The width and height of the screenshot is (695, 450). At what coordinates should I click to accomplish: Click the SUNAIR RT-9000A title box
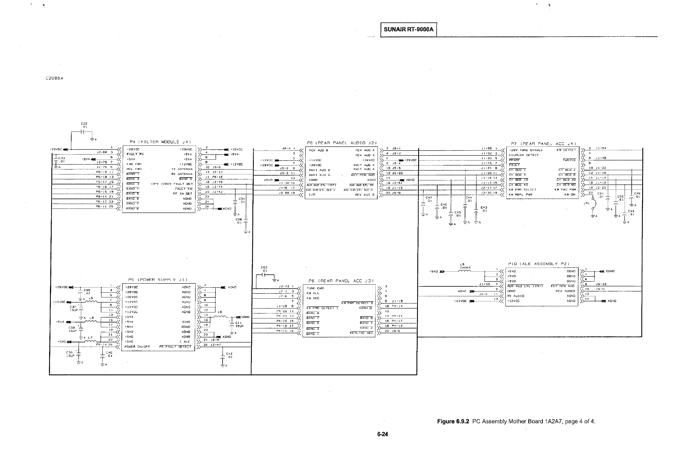point(408,30)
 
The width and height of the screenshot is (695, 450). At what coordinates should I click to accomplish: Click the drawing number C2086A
point(54,78)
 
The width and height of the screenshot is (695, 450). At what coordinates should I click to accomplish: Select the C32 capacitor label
point(84,124)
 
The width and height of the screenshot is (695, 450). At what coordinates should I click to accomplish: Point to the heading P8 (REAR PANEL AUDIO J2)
point(342,143)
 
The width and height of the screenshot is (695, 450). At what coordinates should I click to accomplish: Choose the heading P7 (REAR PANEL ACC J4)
point(543,144)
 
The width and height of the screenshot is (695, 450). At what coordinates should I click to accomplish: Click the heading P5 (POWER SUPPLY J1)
point(158,280)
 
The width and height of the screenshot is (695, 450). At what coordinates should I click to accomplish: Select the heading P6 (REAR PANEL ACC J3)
point(341,281)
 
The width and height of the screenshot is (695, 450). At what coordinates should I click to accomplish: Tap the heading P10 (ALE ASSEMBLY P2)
point(539,264)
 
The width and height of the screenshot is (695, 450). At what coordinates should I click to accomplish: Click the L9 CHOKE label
point(465,266)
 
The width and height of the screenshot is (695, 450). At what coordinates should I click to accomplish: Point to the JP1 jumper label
point(586,203)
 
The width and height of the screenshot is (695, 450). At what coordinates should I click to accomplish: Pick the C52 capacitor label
point(264,269)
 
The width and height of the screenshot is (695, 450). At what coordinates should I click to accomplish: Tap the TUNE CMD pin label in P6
point(315,288)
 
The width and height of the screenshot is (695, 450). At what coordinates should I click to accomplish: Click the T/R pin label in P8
point(312,195)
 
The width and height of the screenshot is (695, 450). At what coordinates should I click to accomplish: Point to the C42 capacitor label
point(229,355)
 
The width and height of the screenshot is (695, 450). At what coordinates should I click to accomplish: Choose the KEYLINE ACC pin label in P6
point(361,333)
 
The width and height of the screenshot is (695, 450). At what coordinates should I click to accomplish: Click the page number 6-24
point(382,434)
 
